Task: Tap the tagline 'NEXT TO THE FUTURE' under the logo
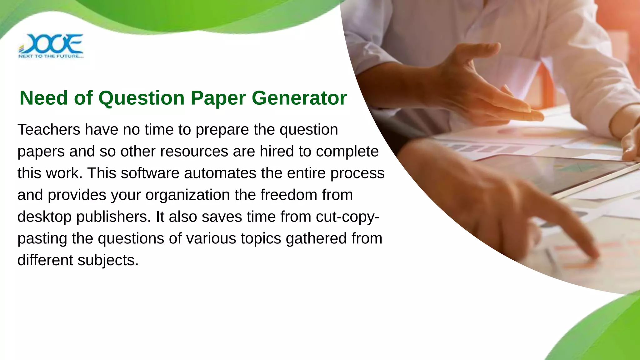[x=51, y=57]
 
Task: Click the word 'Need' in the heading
[x=44, y=98]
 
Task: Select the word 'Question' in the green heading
[x=142, y=98]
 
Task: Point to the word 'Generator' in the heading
[x=299, y=98]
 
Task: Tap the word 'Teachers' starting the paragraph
[x=49, y=129]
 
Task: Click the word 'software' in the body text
[x=150, y=173]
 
